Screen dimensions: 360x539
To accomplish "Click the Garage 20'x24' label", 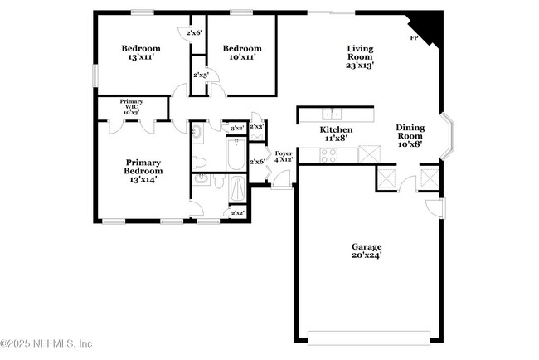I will click(367, 251).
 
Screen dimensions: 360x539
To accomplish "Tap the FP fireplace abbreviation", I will click(414, 39).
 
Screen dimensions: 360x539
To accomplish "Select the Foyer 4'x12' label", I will click(284, 158).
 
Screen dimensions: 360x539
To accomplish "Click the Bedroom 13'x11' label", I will click(140, 53).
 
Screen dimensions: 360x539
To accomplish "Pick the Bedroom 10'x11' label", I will click(241, 53).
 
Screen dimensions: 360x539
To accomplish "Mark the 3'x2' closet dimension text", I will click(236, 128).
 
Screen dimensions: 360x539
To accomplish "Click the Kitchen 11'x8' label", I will click(337, 134).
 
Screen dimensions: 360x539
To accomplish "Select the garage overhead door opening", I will click(368, 336).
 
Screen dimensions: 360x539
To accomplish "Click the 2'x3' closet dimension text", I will click(257, 127).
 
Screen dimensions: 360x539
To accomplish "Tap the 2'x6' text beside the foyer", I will click(257, 162).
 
